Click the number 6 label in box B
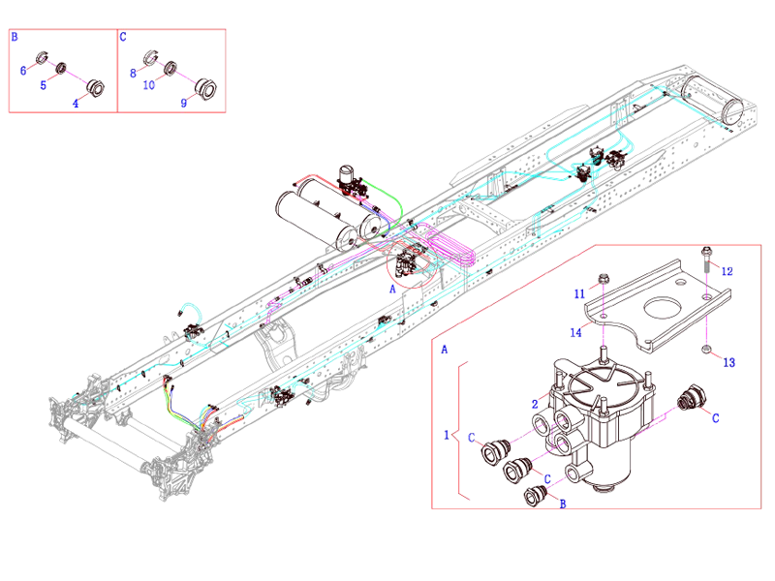[22, 71]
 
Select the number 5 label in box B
[43, 85]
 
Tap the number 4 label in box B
[75, 100]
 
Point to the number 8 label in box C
[133, 71]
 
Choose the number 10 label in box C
[148, 85]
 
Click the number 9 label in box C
[183, 100]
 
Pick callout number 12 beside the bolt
[728, 271]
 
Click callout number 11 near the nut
[578, 292]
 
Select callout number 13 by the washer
[729, 362]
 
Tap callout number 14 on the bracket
[575, 334]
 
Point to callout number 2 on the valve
[534, 403]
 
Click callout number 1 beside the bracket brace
[447, 435]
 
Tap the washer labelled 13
[707, 349]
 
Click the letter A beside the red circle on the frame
[393, 288]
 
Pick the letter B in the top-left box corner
[15, 37]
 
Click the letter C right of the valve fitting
[715, 419]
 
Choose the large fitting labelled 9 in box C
[205, 89]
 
